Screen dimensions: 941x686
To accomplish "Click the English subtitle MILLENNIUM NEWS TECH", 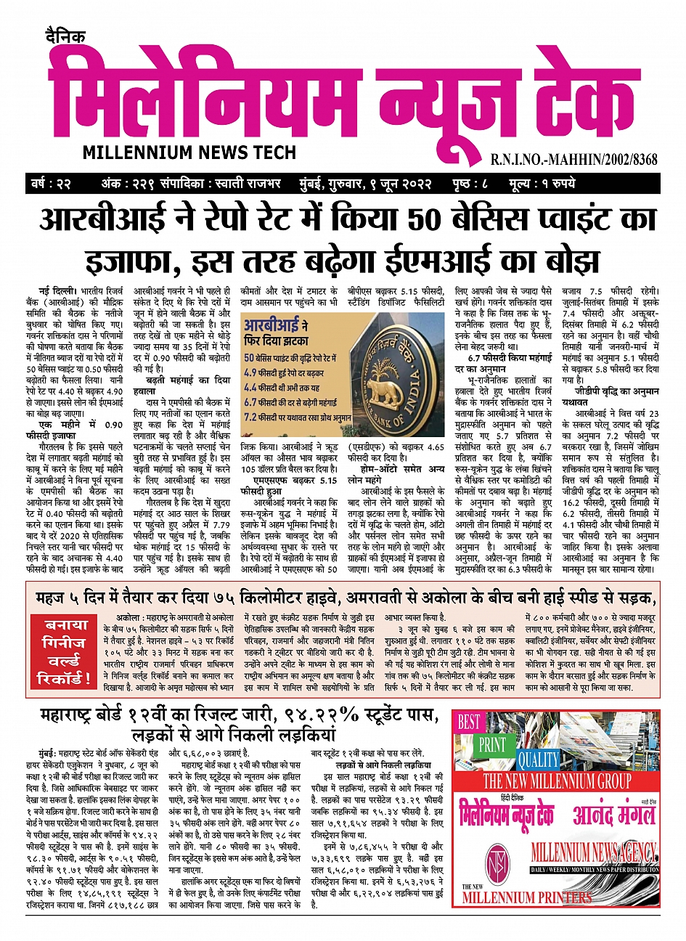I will (x=189, y=152).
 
